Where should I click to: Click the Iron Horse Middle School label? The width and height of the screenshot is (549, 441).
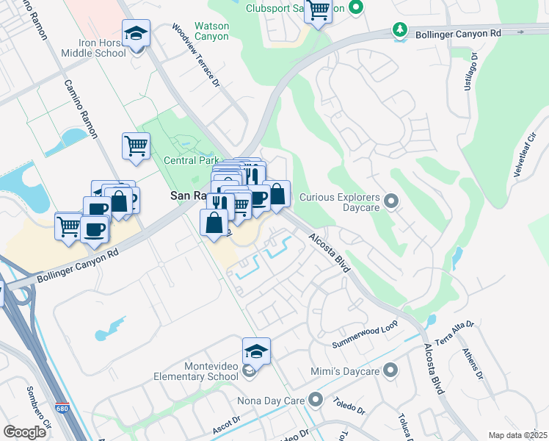102,48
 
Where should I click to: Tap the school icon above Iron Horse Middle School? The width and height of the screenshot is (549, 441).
136,34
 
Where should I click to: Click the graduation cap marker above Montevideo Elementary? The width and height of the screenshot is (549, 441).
256,351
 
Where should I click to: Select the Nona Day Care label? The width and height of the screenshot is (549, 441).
270,401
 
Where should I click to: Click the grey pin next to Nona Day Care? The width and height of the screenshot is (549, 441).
316,400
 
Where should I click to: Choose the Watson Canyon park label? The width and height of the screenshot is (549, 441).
211,31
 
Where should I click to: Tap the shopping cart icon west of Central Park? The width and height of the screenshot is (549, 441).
136,146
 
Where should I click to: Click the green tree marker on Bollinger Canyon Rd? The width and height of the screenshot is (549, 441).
400,30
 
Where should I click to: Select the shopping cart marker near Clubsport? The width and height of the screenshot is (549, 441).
318,11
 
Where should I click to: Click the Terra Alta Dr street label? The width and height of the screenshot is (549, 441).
456,332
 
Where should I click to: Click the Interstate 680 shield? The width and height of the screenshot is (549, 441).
59,408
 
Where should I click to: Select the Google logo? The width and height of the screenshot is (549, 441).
24,432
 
